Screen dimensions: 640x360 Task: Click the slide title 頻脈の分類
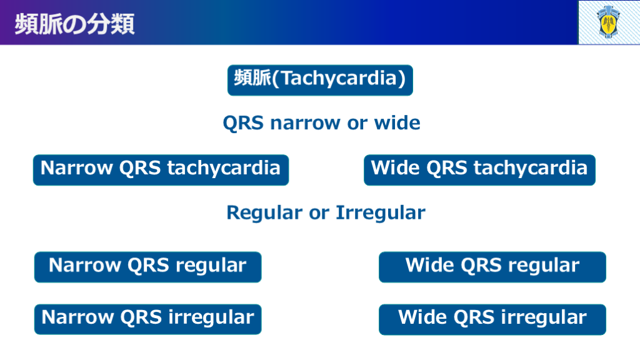click(75, 24)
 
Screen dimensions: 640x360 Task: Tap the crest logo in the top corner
click(608, 22)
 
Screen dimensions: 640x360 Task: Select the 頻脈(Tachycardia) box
click(320, 80)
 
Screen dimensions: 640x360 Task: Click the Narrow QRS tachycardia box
click(161, 170)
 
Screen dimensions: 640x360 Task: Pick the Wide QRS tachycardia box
click(479, 170)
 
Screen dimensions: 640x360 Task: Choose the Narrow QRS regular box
click(147, 267)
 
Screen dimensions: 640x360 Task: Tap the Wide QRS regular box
click(492, 267)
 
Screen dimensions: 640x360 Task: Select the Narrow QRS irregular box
click(147, 319)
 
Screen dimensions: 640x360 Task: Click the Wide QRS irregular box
click(492, 319)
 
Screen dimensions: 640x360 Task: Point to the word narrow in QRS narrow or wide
click(305, 123)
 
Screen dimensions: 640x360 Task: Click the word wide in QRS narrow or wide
click(397, 122)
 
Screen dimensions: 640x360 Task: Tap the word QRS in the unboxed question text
click(243, 123)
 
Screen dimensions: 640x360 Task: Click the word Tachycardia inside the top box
click(339, 78)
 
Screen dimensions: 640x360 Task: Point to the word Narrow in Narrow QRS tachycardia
click(76, 167)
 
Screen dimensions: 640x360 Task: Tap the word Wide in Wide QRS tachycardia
click(395, 167)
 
